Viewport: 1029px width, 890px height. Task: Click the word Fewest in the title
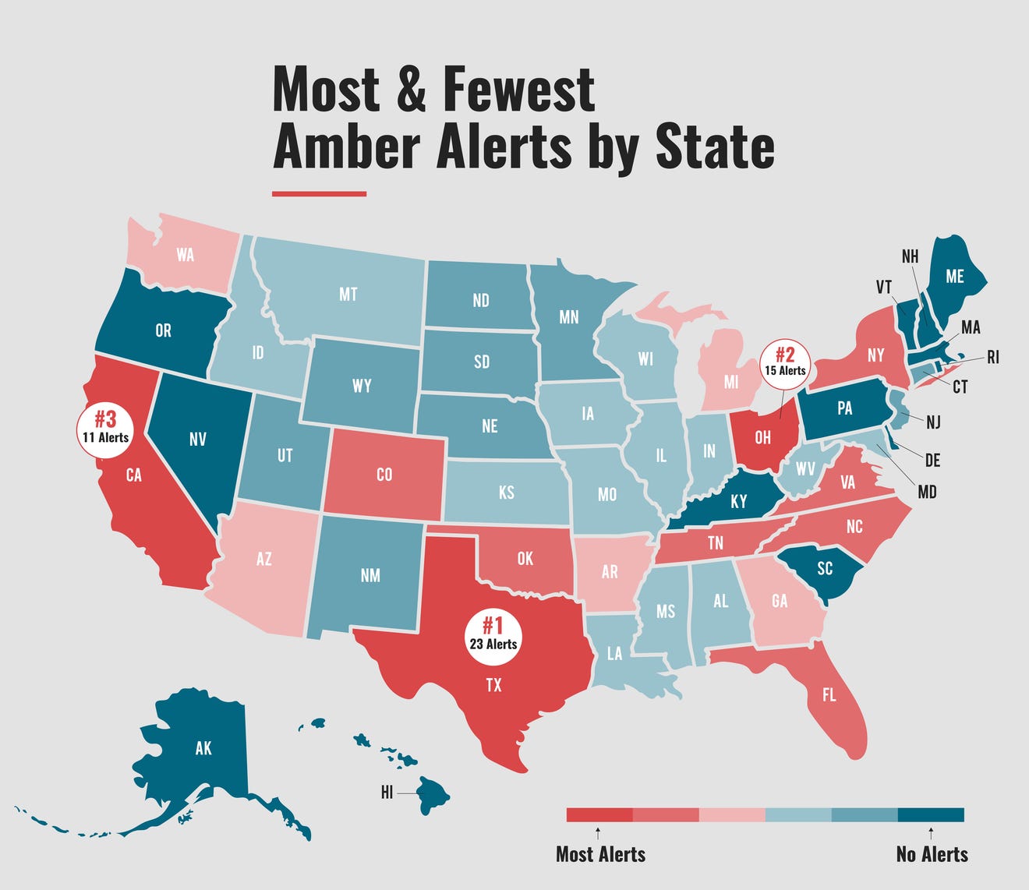tap(518, 90)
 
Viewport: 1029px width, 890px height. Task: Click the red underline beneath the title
tap(319, 193)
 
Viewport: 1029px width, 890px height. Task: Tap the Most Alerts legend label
tap(600, 854)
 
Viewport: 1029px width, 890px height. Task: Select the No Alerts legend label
tap(932, 854)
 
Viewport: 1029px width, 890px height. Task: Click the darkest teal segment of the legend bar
tap(931, 815)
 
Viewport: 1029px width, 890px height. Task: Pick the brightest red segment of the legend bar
tap(599, 815)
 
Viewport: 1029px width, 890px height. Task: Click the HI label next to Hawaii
tap(387, 793)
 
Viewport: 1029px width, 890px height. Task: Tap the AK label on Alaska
tap(203, 748)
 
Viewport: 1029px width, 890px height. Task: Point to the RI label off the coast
tap(992, 358)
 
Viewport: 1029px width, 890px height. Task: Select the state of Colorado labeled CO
tap(384, 474)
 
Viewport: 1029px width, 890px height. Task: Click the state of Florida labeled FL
tap(829, 694)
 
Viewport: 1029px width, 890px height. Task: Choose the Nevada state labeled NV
tap(198, 440)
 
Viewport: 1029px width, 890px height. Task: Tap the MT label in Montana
tap(348, 294)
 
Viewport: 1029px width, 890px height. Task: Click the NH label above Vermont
tap(910, 256)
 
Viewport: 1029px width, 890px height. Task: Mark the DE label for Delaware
tap(932, 461)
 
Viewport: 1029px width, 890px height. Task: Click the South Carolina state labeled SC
tap(824, 569)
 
